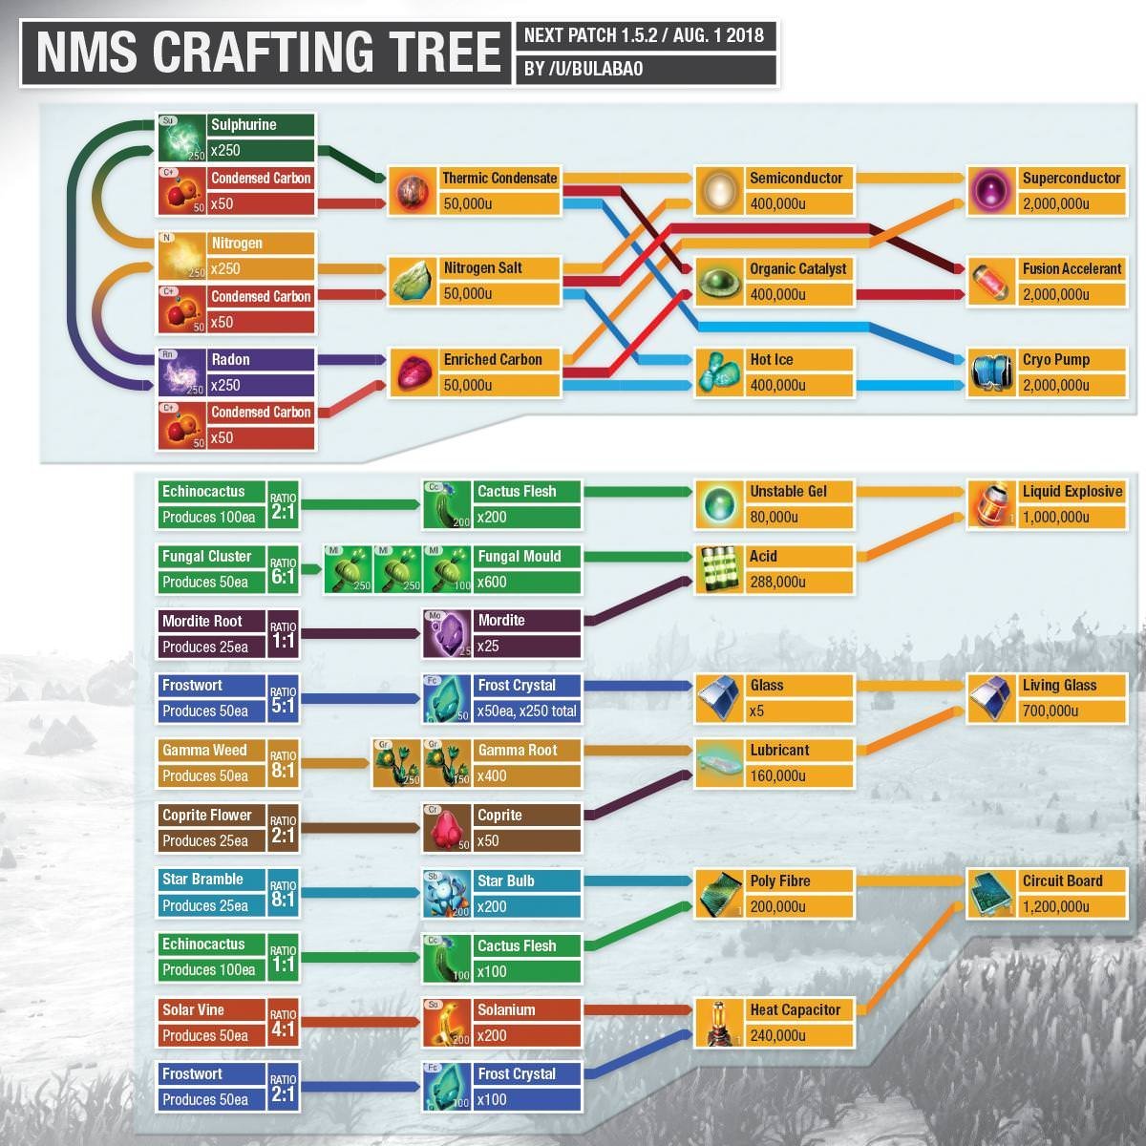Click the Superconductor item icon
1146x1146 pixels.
[x=990, y=191]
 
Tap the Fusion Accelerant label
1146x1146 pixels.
[x=1072, y=268]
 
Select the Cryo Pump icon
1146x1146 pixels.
[x=990, y=372]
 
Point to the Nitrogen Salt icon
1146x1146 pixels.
[x=413, y=281]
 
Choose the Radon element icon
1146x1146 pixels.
[x=181, y=372]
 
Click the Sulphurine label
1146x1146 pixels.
[x=244, y=124]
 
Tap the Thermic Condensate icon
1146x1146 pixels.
[x=413, y=191]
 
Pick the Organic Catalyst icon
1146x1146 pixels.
[x=719, y=282]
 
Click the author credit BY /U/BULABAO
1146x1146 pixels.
[x=584, y=69]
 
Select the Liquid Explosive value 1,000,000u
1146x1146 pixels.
[x=1055, y=517]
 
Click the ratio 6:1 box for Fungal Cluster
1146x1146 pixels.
[x=283, y=570]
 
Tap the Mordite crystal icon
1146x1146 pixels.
[x=446, y=633]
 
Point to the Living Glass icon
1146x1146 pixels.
[x=991, y=698]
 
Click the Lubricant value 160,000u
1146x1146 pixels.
[x=777, y=775]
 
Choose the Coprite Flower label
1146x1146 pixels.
[x=206, y=815]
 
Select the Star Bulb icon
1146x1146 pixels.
[x=446, y=894]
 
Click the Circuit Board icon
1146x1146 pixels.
[x=991, y=894]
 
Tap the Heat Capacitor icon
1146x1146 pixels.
[x=719, y=1023]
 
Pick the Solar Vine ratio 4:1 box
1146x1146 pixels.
[x=283, y=1024]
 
